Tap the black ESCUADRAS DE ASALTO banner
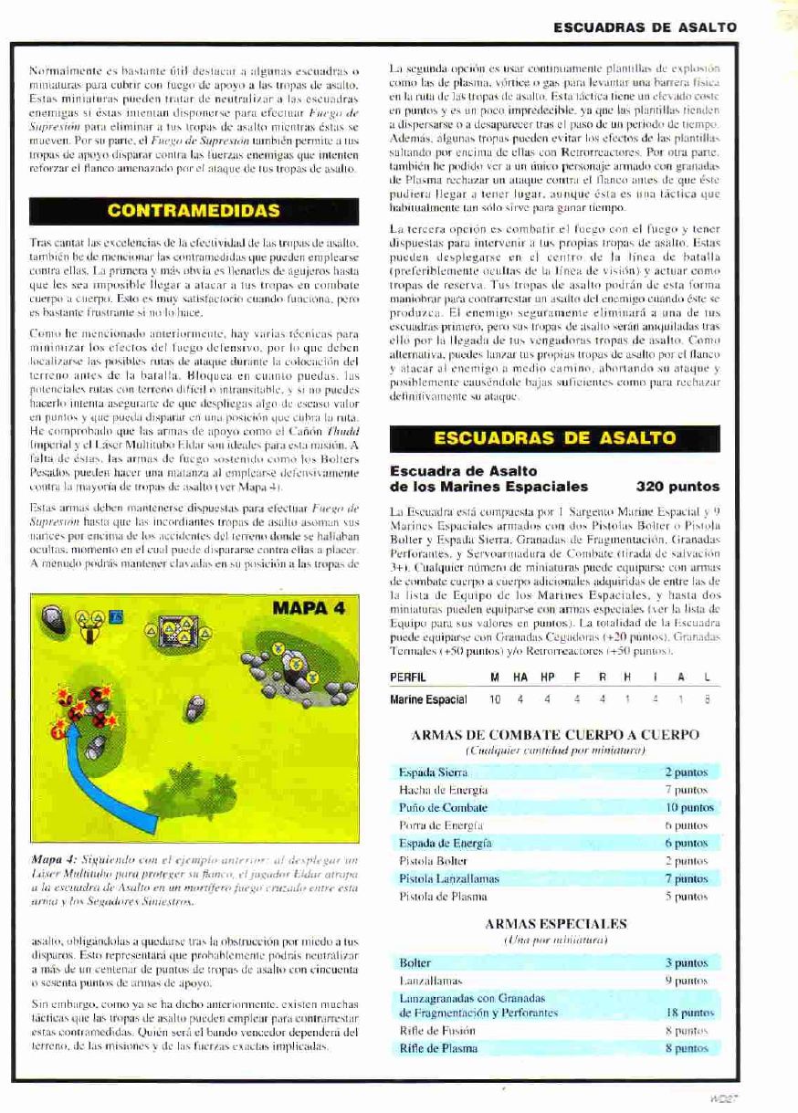[554, 437]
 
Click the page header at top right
[645, 28]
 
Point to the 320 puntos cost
[677, 487]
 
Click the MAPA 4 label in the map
[309, 608]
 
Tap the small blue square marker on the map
[116, 618]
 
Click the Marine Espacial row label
[428, 699]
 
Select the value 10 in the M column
[495, 699]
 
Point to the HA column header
[520, 678]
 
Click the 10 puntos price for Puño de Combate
[689, 808]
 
